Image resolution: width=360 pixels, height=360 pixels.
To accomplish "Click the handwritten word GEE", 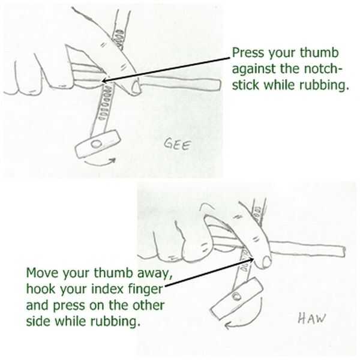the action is pyautogui.click(x=177, y=144).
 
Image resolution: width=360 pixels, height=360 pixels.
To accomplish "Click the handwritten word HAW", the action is pyautogui.click(x=312, y=319).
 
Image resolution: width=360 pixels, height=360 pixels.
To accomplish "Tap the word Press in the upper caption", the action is pyautogui.click(x=248, y=53).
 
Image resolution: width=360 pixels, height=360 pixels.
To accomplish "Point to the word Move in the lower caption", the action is pyautogui.click(x=42, y=273).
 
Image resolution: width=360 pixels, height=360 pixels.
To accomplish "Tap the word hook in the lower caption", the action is pyautogui.click(x=41, y=289).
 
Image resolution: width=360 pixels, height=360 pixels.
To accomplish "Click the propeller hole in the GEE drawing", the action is pyautogui.click(x=96, y=144).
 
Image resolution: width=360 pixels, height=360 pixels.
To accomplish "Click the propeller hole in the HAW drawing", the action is pyautogui.click(x=236, y=296).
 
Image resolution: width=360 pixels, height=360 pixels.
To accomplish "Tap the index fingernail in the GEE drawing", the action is pyautogui.click(x=136, y=87).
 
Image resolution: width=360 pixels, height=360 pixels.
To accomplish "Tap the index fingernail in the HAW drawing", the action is pyautogui.click(x=266, y=262).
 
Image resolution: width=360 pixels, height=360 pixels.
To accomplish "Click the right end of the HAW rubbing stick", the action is pyautogui.click(x=344, y=251).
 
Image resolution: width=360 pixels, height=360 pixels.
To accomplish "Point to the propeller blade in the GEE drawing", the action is pyautogui.click(x=98, y=144).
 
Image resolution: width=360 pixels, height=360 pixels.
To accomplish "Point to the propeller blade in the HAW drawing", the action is pyautogui.click(x=237, y=298).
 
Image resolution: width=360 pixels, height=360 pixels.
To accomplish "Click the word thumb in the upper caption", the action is pyautogui.click(x=319, y=53).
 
